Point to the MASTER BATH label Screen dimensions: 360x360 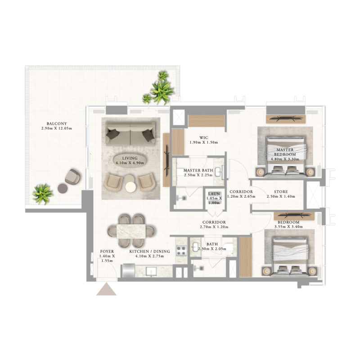198,170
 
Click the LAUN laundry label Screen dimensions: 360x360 214,193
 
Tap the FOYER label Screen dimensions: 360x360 107,251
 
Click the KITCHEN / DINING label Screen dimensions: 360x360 146,251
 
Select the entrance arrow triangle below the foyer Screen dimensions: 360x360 107,289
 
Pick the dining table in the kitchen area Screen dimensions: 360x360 131,230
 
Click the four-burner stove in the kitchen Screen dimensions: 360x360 181,250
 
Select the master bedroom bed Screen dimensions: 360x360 286,155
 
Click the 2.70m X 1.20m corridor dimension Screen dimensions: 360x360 214,227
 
